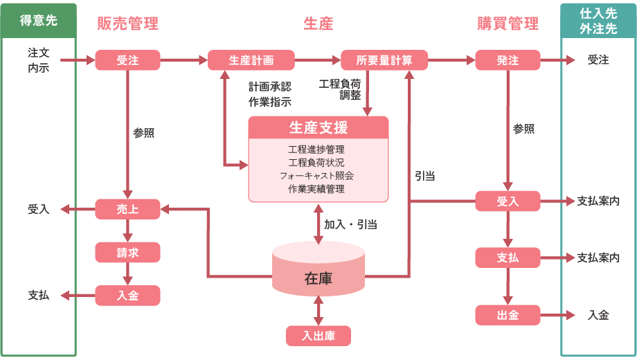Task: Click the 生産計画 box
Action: (251, 60)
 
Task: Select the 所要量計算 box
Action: (384, 60)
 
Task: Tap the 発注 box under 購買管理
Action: (508, 60)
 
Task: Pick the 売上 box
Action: (127, 208)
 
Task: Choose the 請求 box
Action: (127, 253)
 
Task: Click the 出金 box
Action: (508, 315)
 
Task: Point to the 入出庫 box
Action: (318, 336)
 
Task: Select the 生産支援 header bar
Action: (318, 128)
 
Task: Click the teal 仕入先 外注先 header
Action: (598, 21)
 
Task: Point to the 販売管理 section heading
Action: (128, 24)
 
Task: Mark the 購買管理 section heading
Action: (508, 24)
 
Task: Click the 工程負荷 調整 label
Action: (339, 89)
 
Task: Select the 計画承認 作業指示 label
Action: (269, 94)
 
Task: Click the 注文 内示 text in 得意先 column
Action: (39, 60)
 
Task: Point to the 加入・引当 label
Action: (350, 224)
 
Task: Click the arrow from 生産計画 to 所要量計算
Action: (318, 60)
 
